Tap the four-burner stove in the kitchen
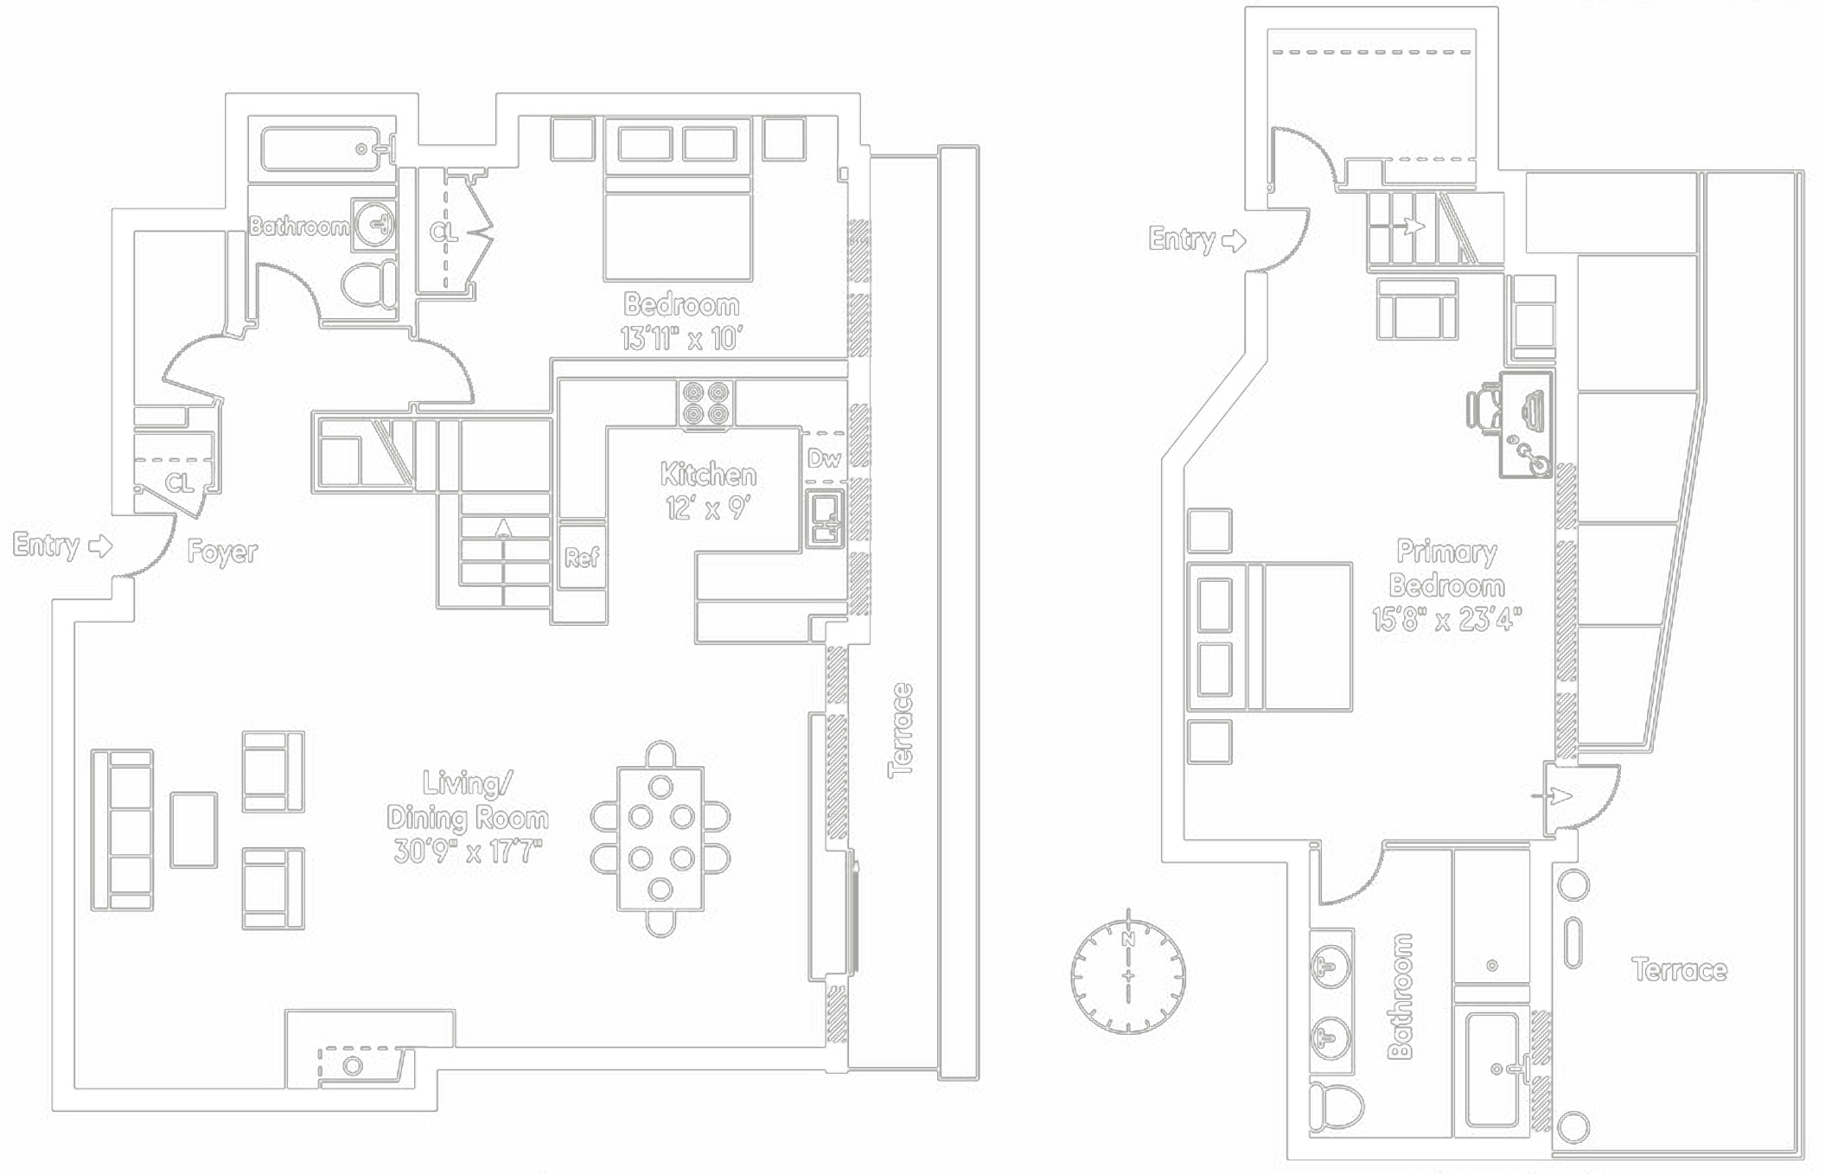(705, 404)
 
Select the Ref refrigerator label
(581, 558)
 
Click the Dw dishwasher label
(823, 458)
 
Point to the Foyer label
(222, 552)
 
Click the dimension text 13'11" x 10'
(680, 339)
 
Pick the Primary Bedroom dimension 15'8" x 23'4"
(1445, 619)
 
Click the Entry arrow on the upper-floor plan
(1234, 240)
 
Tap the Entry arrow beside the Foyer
(100, 546)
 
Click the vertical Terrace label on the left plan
(901, 731)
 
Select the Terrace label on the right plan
(1679, 970)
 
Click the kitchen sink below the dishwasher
(825, 518)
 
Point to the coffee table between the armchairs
(194, 830)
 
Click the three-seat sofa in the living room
(122, 830)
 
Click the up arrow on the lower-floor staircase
(503, 527)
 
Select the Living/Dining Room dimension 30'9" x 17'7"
(468, 852)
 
